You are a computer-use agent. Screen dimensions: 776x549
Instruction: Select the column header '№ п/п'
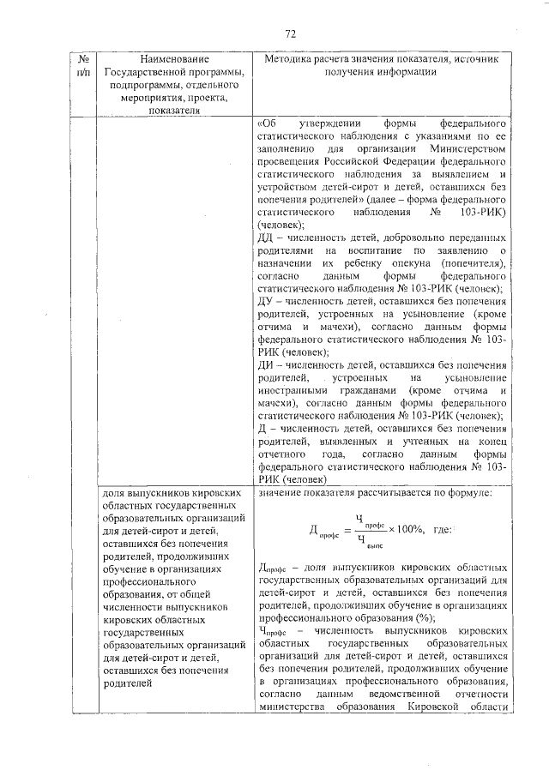point(84,65)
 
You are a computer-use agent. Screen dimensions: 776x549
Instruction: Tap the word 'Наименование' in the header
point(172,59)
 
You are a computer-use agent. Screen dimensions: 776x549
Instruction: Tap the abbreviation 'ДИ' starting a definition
point(266,364)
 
